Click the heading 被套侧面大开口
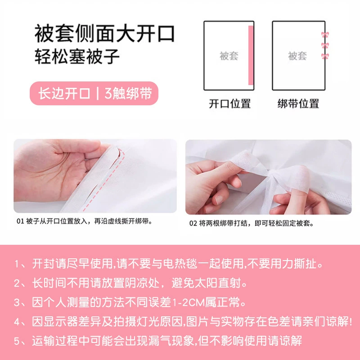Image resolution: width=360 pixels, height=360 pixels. pyautogui.click(x=105, y=33)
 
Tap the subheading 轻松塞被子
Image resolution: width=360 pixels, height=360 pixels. pyautogui.click(x=77, y=57)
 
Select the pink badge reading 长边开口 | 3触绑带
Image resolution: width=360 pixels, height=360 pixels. pyautogui.click(x=94, y=93)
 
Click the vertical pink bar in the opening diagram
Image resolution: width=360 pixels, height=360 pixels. pyautogui.click(x=251, y=55)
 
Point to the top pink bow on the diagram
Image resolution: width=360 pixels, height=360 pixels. pyautogui.click(x=325, y=35)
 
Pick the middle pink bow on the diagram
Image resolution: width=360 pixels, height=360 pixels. pyautogui.click(x=325, y=45)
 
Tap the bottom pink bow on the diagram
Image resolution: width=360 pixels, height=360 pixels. pyautogui.click(x=325, y=56)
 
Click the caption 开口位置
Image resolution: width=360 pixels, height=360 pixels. pyautogui.click(x=229, y=103)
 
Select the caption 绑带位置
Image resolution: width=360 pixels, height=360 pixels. pyautogui.click(x=298, y=103)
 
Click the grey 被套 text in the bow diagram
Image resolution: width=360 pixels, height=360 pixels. pyautogui.click(x=297, y=56)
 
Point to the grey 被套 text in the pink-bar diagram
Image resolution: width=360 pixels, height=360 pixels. pyautogui.click(x=229, y=56)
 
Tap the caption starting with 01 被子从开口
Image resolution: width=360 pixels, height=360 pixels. pyautogui.click(x=84, y=221)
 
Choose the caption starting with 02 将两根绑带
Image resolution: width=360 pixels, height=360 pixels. pyautogui.click(x=252, y=223)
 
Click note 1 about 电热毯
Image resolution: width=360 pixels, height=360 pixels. pyautogui.click(x=169, y=264)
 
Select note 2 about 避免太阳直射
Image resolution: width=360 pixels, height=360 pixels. pyautogui.click(x=130, y=283)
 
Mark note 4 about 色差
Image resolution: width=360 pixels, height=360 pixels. pyautogui.click(x=183, y=322)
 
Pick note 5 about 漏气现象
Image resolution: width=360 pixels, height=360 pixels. pyautogui.click(x=158, y=341)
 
